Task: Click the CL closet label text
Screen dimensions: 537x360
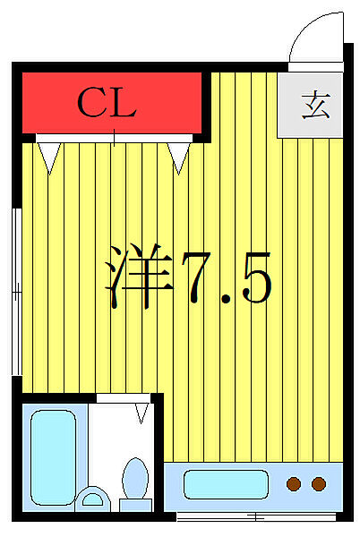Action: coord(106,104)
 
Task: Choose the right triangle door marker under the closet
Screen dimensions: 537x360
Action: coord(180,158)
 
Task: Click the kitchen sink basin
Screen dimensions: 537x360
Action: coord(226,485)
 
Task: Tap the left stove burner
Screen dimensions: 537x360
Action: coord(293,485)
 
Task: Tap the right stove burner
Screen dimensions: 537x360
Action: coord(319,485)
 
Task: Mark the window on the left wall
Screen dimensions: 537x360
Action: coord(16,291)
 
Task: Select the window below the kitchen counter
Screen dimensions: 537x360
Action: coord(255,516)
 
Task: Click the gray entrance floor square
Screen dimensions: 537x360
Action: coord(310,105)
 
